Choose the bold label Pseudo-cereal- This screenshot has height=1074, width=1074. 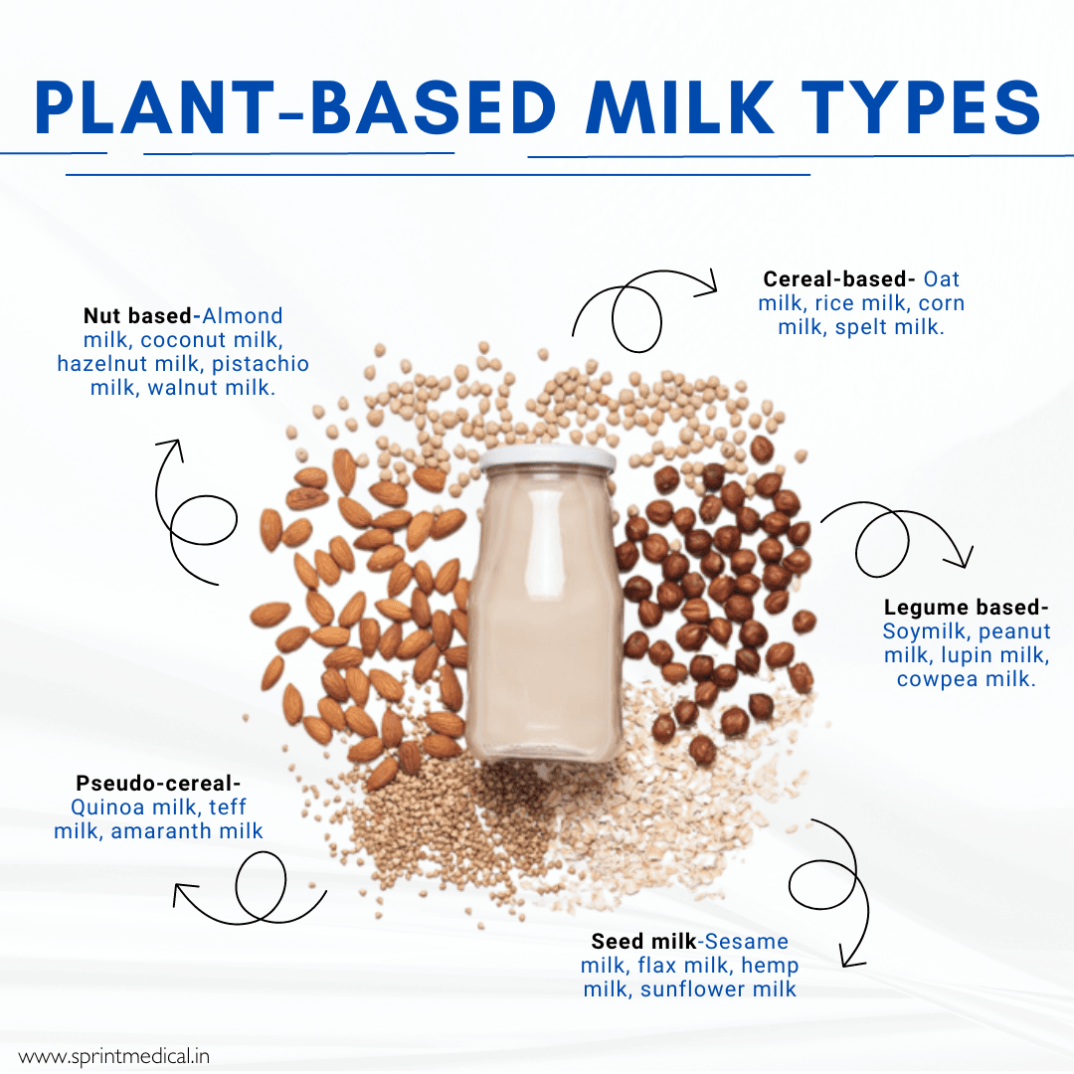(x=158, y=784)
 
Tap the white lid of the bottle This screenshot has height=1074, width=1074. (x=547, y=457)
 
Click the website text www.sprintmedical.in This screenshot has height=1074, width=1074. (x=113, y=1056)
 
